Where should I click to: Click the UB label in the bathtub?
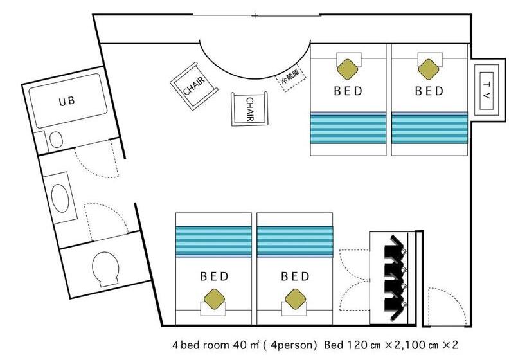click(x=67, y=101)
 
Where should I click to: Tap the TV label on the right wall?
click(x=486, y=90)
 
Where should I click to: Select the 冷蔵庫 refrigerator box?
click(x=290, y=78)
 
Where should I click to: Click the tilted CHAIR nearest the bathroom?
click(x=194, y=86)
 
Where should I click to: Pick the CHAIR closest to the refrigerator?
click(x=250, y=109)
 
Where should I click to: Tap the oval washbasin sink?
click(x=60, y=198)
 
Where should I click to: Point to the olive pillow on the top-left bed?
click(x=348, y=69)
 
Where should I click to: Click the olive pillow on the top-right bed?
click(x=429, y=69)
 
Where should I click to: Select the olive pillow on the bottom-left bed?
click(x=215, y=298)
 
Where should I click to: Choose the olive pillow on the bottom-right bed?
click(x=296, y=298)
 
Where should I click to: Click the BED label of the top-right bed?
click(x=429, y=91)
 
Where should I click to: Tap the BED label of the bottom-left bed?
click(x=214, y=276)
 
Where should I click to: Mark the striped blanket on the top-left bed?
click(x=348, y=128)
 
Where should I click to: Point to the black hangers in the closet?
click(x=395, y=278)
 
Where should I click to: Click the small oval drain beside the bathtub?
click(x=56, y=139)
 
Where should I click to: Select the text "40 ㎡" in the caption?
click(x=246, y=345)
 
